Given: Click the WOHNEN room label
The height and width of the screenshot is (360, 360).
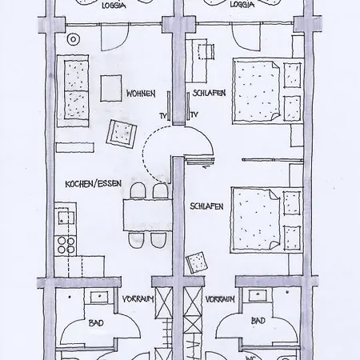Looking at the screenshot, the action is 141,94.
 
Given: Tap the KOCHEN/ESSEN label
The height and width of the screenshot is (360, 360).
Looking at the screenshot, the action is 94,184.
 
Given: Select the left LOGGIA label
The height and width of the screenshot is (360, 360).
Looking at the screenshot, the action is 114,6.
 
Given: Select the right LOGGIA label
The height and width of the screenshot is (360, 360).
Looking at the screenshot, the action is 242,5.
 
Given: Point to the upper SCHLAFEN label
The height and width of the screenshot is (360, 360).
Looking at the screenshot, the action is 209,93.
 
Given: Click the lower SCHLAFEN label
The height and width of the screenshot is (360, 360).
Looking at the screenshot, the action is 206,206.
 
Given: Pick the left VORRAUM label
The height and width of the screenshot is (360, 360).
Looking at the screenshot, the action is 138,299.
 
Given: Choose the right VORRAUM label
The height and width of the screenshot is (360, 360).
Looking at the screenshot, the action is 220,299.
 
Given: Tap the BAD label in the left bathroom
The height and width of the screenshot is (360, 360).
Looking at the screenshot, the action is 96,323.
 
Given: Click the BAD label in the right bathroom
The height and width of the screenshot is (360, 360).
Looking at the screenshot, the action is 258,321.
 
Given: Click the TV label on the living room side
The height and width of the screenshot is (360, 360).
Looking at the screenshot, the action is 163,116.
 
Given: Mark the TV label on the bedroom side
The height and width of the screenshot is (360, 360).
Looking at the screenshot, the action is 194,114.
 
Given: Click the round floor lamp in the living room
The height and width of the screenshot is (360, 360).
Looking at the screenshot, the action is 74,40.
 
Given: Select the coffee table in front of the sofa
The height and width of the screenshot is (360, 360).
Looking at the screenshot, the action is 111,88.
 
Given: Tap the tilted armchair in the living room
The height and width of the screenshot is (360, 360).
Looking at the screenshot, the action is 122,134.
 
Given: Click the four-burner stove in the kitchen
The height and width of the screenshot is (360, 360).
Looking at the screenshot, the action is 66,245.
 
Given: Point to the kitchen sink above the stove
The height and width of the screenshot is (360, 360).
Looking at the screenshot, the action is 66,218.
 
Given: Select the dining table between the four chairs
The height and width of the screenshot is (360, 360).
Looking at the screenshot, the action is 147,215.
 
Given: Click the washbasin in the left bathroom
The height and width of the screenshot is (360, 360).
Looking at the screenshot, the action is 99,297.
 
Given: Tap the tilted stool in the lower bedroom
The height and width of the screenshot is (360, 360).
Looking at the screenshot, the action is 198,262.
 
